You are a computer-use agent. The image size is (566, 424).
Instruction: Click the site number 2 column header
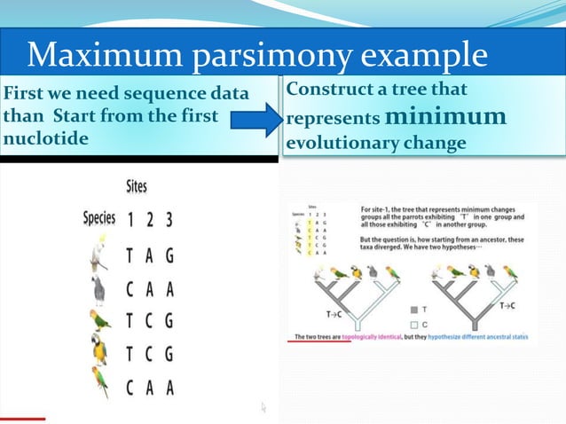coord(149,218)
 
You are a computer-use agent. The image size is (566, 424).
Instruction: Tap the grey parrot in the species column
coord(99,287)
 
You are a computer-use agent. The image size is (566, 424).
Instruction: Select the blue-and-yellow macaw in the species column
coord(99,353)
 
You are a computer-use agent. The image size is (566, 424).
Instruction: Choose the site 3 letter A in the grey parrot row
coord(169,289)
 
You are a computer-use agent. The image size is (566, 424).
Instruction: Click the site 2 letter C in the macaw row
coord(149,355)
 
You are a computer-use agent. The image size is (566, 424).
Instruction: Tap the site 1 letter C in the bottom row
coord(130,388)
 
